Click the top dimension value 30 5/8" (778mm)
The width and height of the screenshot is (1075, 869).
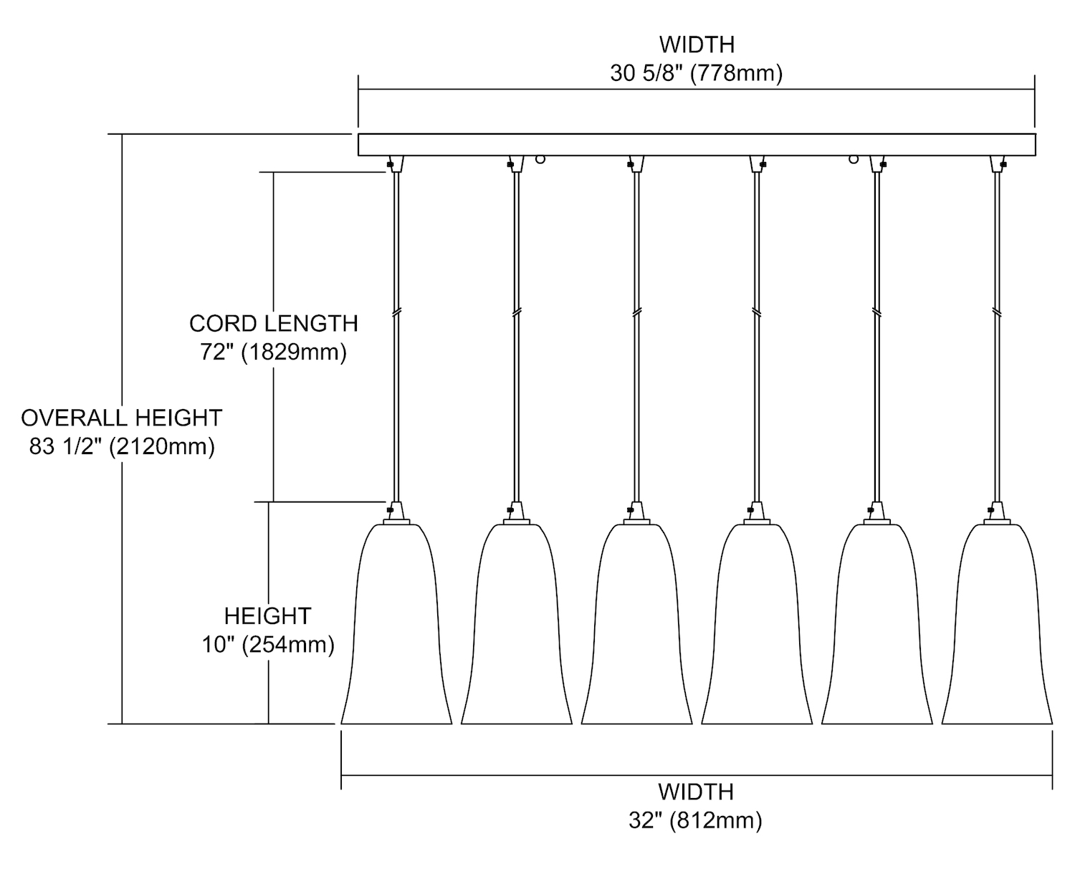(696, 73)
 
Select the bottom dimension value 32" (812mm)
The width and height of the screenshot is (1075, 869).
(695, 820)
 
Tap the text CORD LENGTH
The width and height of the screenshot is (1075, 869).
(273, 323)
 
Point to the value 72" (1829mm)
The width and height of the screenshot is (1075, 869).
(273, 352)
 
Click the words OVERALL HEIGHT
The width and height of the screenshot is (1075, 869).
(122, 417)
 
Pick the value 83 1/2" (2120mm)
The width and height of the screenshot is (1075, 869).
(122, 446)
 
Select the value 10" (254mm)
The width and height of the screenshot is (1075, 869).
(268, 645)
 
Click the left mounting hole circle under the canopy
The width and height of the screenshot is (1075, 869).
(540, 160)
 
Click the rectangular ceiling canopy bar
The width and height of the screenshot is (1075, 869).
(696, 145)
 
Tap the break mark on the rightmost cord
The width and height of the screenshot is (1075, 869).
(997, 313)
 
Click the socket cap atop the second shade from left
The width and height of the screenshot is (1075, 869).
(516, 512)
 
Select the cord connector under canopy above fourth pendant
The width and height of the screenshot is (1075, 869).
(757, 164)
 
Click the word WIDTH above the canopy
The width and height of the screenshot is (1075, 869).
(697, 44)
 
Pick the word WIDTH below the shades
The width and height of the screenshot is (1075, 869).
(695, 792)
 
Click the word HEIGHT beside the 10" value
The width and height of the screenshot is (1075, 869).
(268, 616)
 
